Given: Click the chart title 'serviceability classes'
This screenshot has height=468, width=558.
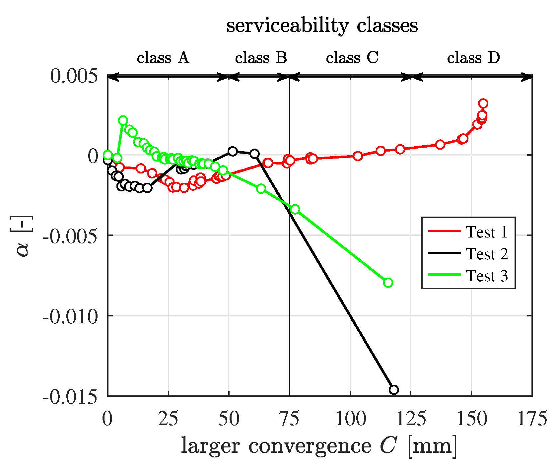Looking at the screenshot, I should tap(322, 26).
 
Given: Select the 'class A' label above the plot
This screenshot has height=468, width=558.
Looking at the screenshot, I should tap(163, 58).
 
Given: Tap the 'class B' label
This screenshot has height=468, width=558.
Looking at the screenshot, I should tap(261, 58).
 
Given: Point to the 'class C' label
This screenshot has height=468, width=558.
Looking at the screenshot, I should tap(352, 58).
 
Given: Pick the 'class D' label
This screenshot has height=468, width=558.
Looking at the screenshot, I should tap(473, 58).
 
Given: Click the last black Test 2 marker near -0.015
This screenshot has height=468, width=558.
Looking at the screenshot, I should tap(394, 390).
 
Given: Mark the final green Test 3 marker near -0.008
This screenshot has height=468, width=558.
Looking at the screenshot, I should tap(388, 283).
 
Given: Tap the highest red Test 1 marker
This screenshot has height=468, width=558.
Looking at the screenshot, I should tap(483, 103).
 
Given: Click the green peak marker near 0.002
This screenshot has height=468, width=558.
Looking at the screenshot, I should tap(123, 120).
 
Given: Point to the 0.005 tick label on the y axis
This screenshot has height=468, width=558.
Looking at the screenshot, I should tap(74, 76).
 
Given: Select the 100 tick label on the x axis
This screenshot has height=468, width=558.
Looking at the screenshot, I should tap(350, 419).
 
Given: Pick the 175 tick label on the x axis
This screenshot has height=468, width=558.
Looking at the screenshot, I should tap(532, 419).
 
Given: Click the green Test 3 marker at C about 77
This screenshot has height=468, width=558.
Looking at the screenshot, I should tap(295, 209).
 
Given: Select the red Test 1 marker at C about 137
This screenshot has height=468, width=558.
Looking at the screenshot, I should tap(440, 144).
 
